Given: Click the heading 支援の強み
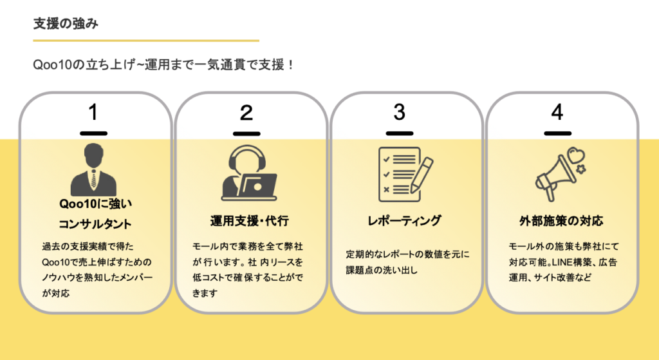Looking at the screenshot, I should pyautogui.click(x=66, y=23).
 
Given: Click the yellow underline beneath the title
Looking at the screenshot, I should pyautogui.click(x=146, y=41).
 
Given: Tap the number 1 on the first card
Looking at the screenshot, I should pyautogui.click(x=93, y=113).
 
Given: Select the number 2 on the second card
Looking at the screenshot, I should pyautogui.click(x=246, y=113).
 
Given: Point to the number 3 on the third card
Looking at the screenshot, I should pyautogui.click(x=400, y=113).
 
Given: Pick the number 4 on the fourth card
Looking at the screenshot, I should pyautogui.click(x=557, y=113).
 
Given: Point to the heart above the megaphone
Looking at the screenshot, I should pyautogui.click(x=575, y=155).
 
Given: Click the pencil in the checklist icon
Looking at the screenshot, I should pyautogui.click(x=421, y=174).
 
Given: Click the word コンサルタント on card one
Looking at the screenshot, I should pyautogui.click(x=95, y=225).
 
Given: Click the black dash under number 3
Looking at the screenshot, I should pyautogui.click(x=400, y=133).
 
